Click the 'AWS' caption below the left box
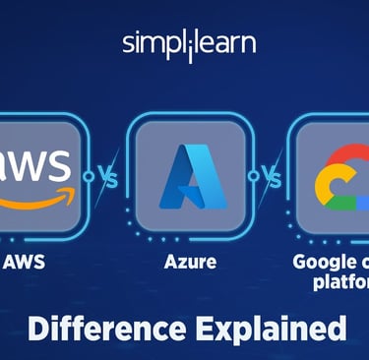click(x=25, y=264)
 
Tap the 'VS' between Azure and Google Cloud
click(x=267, y=177)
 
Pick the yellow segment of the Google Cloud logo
click(x=324, y=193)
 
